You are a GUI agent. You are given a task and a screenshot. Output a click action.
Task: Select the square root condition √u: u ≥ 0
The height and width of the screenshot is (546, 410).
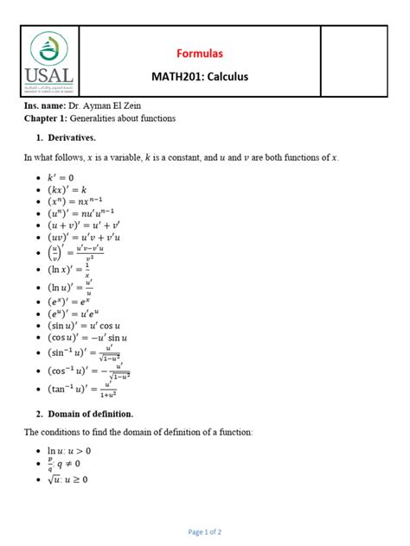click(x=69, y=479)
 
